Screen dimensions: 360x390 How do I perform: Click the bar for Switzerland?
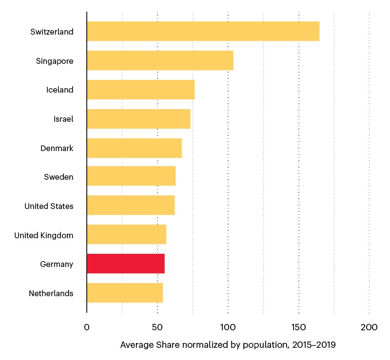tap(203, 32)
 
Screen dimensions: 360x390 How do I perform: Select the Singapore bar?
tap(160, 61)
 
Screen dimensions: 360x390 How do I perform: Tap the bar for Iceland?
tap(140, 90)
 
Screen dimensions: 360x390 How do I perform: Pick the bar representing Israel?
tap(138, 119)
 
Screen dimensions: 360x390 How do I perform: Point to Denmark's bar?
tap(134, 148)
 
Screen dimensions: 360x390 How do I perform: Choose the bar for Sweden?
tap(131, 177)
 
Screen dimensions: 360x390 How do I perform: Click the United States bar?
tap(131, 206)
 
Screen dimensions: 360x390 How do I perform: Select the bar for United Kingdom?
tap(126, 235)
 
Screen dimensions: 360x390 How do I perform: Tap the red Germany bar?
tap(125, 264)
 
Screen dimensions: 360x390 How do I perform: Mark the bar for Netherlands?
tap(125, 293)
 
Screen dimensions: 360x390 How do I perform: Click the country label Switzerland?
tap(52, 32)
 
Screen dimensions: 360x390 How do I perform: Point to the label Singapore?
tap(55, 61)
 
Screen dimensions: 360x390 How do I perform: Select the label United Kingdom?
tap(44, 235)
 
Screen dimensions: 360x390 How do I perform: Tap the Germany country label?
tap(57, 265)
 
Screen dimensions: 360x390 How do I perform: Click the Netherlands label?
tap(51, 293)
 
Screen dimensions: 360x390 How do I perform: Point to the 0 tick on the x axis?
tap(87, 327)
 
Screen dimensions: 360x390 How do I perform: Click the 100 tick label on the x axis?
tap(228, 327)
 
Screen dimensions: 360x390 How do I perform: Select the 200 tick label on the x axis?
tap(369, 327)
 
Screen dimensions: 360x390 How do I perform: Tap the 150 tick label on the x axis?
tap(299, 327)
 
